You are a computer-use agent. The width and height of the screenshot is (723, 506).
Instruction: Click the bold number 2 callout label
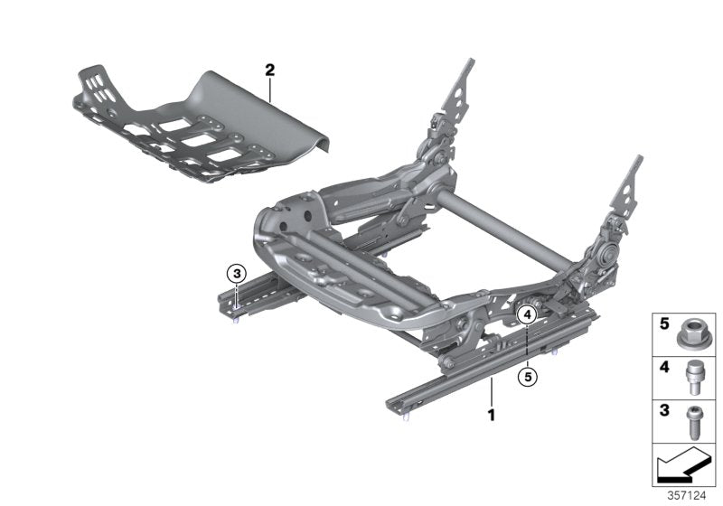[x=268, y=69]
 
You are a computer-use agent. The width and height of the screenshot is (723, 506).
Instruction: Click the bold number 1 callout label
[x=492, y=416]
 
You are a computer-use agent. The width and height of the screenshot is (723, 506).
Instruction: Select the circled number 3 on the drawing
[x=236, y=274]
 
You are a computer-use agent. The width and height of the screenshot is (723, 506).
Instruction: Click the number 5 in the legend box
[x=663, y=323]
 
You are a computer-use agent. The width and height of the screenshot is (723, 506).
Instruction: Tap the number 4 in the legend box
[x=663, y=368]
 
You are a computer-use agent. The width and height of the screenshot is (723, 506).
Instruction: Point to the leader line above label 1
[x=492, y=393]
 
